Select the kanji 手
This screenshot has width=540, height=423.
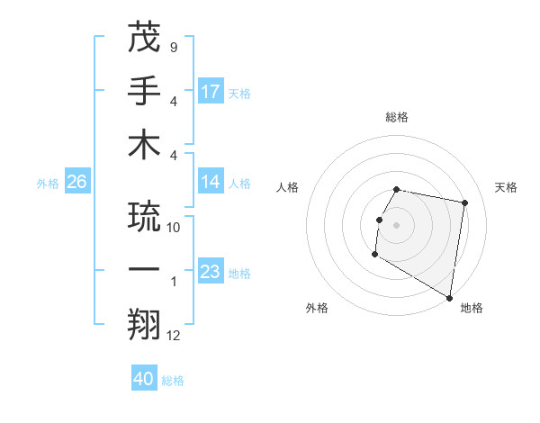point(144,90)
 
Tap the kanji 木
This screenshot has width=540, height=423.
point(144,144)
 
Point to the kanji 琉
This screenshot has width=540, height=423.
point(144,216)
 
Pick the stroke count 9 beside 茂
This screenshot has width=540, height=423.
point(173,47)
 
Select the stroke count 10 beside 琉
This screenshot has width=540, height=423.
point(174,228)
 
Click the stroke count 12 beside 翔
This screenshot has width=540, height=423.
point(174,336)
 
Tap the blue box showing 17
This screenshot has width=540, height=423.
point(211,91)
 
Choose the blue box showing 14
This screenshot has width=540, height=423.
point(211,182)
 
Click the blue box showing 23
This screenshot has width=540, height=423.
point(211,272)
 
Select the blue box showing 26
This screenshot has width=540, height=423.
point(76,182)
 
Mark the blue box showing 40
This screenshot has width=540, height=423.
point(144,379)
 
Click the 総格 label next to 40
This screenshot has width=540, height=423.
point(173,381)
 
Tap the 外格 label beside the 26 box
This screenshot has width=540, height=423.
point(48,184)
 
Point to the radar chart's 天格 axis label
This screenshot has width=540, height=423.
point(506,187)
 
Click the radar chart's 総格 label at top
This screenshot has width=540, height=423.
point(397,117)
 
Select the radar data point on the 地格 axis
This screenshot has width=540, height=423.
point(450,298)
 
